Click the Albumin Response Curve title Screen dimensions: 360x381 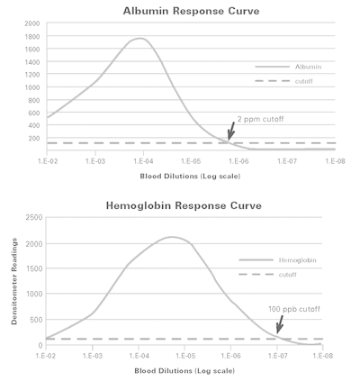(x=191, y=11)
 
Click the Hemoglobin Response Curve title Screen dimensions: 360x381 (x=184, y=205)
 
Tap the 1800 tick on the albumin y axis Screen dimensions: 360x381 (x=32, y=36)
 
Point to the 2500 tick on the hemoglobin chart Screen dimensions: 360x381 (x=34, y=217)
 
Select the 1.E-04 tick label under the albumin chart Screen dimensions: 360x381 (x=143, y=161)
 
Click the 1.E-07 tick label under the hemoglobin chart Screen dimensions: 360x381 (x=277, y=356)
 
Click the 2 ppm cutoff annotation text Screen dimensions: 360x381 (x=260, y=119)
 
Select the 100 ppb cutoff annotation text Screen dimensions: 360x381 (x=294, y=309)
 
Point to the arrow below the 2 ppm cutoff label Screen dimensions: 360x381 (x=231, y=131)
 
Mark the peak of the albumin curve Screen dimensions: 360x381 (x=139, y=38)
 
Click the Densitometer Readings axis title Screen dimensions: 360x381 (x=14, y=281)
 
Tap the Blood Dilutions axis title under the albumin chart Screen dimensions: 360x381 (x=190, y=177)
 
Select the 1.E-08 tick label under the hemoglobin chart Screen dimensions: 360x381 (x=323, y=356)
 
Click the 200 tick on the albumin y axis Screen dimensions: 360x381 (x=34, y=139)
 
